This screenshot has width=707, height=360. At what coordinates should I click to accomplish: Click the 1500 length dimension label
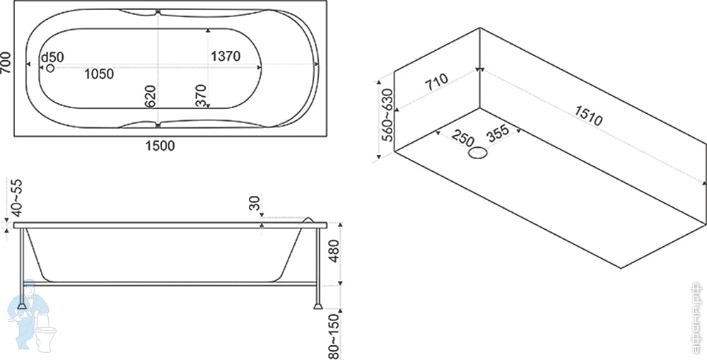pyautogui.click(x=160, y=146)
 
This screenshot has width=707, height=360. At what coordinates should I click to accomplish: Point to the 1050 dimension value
pyautogui.click(x=100, y=73)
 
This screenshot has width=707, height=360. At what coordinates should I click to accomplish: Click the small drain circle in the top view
pyautogui.click(x=50, y=68)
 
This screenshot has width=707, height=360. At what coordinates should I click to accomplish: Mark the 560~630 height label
pyautogui.click(x=386, y=116)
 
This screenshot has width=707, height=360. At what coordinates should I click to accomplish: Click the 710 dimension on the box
pyautogui.click(x=436, y=83)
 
